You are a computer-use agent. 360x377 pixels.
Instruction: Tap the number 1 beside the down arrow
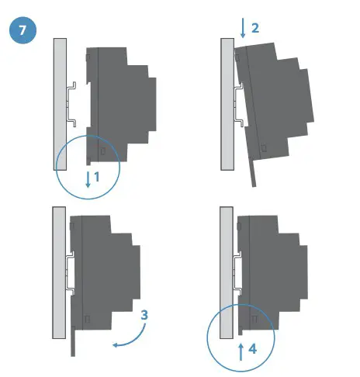tap(97, 177)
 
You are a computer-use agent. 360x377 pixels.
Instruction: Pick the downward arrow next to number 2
tap(243, 29)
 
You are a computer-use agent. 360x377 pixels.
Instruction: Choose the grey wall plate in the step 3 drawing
tap(59, 272)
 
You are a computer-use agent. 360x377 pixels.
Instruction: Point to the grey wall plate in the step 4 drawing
tap(226, 272)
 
